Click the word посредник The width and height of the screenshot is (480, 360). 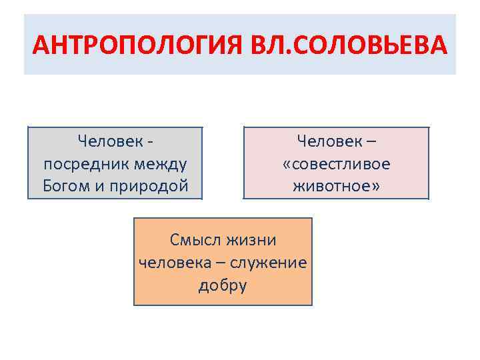75,163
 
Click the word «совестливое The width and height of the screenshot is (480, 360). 337,163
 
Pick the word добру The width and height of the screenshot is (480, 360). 223,285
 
